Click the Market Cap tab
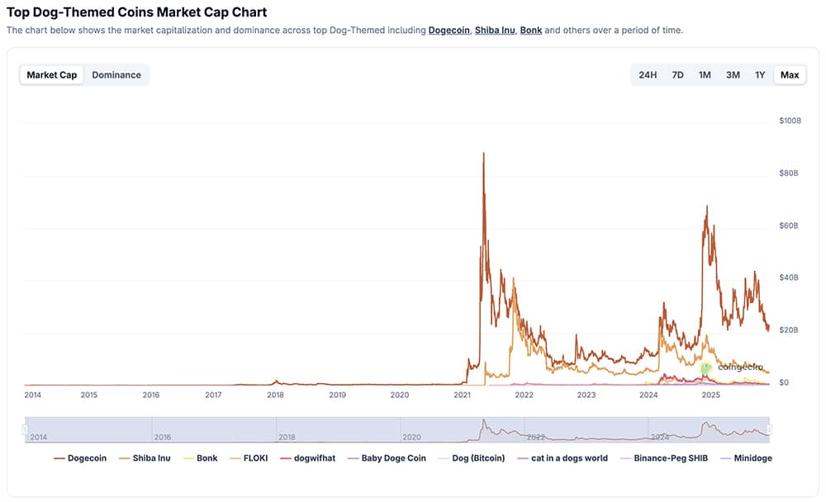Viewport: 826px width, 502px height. [x=52, y=75]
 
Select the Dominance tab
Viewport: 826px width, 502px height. [x=116, y=75]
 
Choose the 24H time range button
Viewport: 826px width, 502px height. [x=648, y=75]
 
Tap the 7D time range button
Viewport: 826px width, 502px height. [x=677, y=75]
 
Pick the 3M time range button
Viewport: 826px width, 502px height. [x=733, y=75]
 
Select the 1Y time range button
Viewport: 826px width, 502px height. [x=760, y=75]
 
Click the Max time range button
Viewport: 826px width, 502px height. [x=790, y=75]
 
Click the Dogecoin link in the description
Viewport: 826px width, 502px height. [x=449, y=31]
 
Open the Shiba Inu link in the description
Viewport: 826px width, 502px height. [x=494, y=31]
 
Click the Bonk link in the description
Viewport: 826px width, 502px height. [x=531, y=31]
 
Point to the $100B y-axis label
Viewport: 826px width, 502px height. [x=790, y=121]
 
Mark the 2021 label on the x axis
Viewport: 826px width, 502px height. [x=462, y=395]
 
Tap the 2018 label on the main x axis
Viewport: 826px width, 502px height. [x=275, y=395]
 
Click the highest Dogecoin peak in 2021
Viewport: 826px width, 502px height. [x=483, y=154]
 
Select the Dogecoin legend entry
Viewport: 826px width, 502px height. [x=80, y=458]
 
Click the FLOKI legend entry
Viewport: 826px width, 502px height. [x=249, y=458]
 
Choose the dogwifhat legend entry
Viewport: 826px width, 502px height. [x=308, y=458]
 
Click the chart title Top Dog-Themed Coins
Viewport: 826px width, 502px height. [x=137, y=12]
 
